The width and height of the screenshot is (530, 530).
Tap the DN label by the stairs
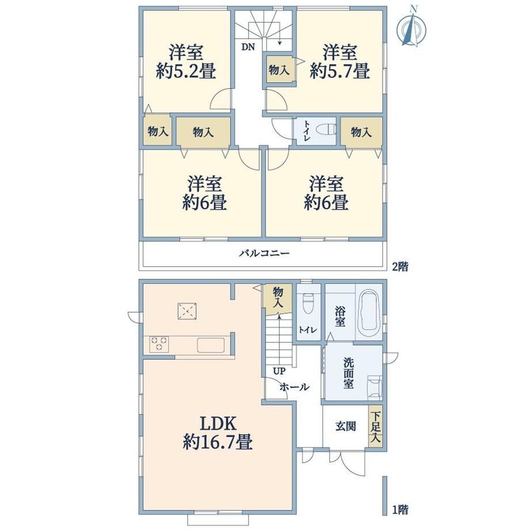(x=248, y=47)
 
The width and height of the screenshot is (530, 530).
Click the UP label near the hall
(x=279, y=371)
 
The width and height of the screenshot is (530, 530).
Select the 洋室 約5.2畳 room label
(x=186, y=62)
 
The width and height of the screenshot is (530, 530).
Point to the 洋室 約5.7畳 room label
(x=340, y=62)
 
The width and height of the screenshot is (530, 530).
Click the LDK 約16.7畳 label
(x=218, y=433)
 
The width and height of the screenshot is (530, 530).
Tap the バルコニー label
(x=264, y=253)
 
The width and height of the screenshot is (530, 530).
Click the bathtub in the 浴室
(x=369, y=311)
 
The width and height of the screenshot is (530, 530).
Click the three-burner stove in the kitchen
(x=159, y=344)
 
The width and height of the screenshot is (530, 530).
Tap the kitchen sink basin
(x=211, y=345)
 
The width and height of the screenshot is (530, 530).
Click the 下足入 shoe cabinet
(x=376, y=426)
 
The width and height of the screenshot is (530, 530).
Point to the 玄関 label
(x=346, y=426)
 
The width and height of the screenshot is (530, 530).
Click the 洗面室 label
(x=349, y=373)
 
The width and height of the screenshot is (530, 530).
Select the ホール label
(x=294, y=387)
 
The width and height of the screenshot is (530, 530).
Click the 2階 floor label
(x=400, y=267)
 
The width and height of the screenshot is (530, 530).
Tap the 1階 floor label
(x=400, y=509)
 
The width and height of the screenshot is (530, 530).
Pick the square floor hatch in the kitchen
(x=188, y=311)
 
